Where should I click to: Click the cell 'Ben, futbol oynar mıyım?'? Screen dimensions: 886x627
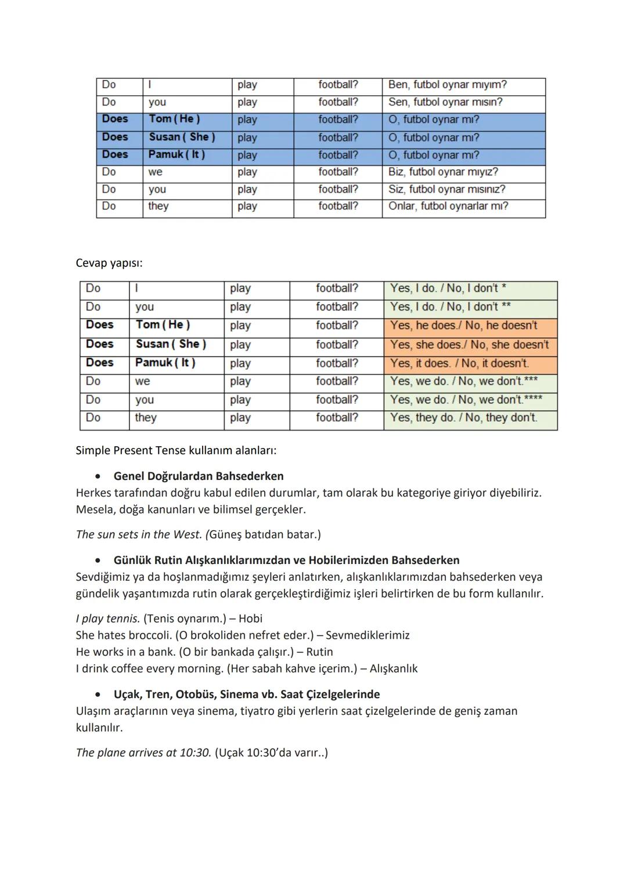click(447, 85)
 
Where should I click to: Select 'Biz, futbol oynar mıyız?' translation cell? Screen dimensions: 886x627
click(443, 172)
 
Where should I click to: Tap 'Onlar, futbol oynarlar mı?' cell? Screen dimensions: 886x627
click(448, 206)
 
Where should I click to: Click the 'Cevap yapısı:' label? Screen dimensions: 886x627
click(109, 263)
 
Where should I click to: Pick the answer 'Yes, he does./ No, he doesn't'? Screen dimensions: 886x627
click(463, 326)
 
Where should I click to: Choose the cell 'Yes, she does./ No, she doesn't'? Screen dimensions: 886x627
click(469, 345)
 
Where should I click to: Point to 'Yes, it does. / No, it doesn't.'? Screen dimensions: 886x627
click(459, 363)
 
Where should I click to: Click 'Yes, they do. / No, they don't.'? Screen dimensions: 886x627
click(463, 418)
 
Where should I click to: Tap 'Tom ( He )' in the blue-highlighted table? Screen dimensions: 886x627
click(174, 119)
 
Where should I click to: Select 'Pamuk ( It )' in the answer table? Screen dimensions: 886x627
click(165, 363)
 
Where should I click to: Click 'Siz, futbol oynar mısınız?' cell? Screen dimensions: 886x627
click(446, 189)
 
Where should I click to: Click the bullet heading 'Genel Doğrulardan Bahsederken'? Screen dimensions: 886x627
click(199, 476)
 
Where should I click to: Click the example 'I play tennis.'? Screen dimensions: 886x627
click(108, 619)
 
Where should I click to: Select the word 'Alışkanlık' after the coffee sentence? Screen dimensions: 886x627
click(394, 668)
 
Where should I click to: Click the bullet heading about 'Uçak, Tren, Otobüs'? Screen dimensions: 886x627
click(247, 695)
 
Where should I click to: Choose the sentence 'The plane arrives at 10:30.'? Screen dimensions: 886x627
click(143, 753)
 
